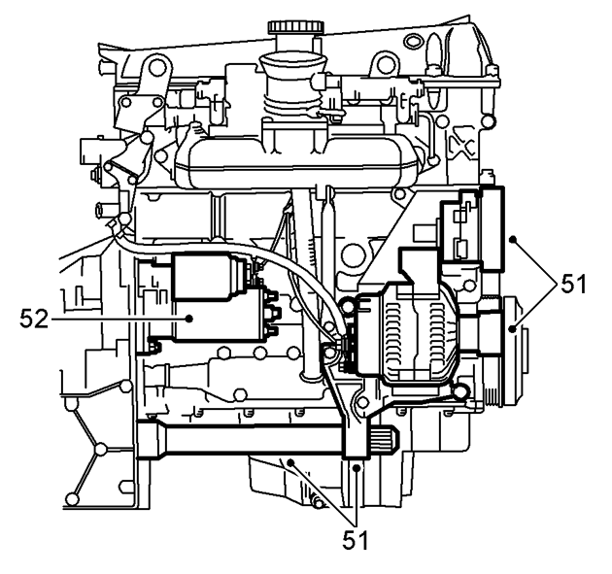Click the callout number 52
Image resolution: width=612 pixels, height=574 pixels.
(34, 319)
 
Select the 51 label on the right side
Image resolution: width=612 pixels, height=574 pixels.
(574, 284)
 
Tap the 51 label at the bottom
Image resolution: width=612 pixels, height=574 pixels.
(356, 540)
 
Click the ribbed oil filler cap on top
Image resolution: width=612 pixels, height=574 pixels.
(296, 27)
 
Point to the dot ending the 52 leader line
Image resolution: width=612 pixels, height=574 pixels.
(189, 319)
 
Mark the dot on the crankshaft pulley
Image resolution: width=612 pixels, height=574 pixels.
(513, 329)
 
